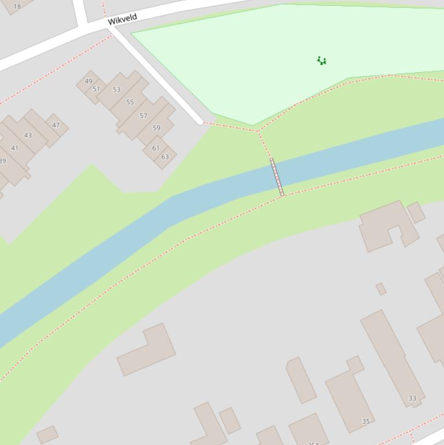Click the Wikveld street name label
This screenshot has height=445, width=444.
(122, 19)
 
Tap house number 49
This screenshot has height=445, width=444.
(88, 81)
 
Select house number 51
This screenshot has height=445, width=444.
(96, 89)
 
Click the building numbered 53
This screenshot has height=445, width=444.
(117, 90)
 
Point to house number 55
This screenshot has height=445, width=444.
(130, 102)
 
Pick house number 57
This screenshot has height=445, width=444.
(143, 116)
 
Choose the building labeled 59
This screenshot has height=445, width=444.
(156, 128)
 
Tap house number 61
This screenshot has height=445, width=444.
(156, 149)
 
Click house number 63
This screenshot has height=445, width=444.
(165, 157)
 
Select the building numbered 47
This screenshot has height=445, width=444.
(56, 125)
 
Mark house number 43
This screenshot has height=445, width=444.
(28, 135)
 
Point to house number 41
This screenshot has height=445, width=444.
(15, 148)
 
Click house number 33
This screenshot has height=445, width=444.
(412, 398)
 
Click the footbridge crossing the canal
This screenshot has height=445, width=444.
(277, 177)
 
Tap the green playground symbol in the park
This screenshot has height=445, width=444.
(322, 60)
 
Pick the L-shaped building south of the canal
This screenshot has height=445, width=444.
(146, 349)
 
